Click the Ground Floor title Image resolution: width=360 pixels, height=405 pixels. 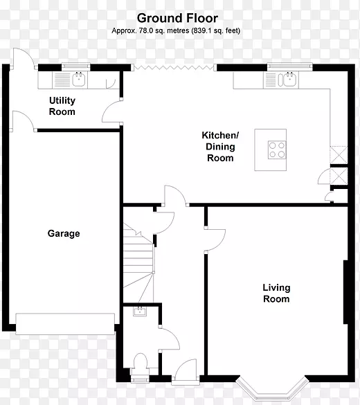177,18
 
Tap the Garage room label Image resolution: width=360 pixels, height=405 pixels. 64,233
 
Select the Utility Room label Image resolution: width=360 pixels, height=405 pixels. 62,106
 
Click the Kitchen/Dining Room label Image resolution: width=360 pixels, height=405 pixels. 220,147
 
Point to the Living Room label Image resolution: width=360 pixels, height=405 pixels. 276,293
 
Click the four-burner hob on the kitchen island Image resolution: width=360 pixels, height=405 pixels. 277,150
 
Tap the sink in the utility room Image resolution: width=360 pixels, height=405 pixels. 79,80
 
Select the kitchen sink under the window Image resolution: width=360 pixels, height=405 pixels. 290,80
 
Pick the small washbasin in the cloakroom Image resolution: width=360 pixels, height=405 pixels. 140,312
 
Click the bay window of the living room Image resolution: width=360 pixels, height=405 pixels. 273,390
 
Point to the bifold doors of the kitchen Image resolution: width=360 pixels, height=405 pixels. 174,68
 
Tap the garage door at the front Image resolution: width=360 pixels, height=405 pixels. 65,324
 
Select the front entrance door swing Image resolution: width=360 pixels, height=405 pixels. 186,370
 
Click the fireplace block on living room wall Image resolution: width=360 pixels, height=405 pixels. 345,292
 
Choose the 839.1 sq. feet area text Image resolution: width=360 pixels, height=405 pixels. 215,30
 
